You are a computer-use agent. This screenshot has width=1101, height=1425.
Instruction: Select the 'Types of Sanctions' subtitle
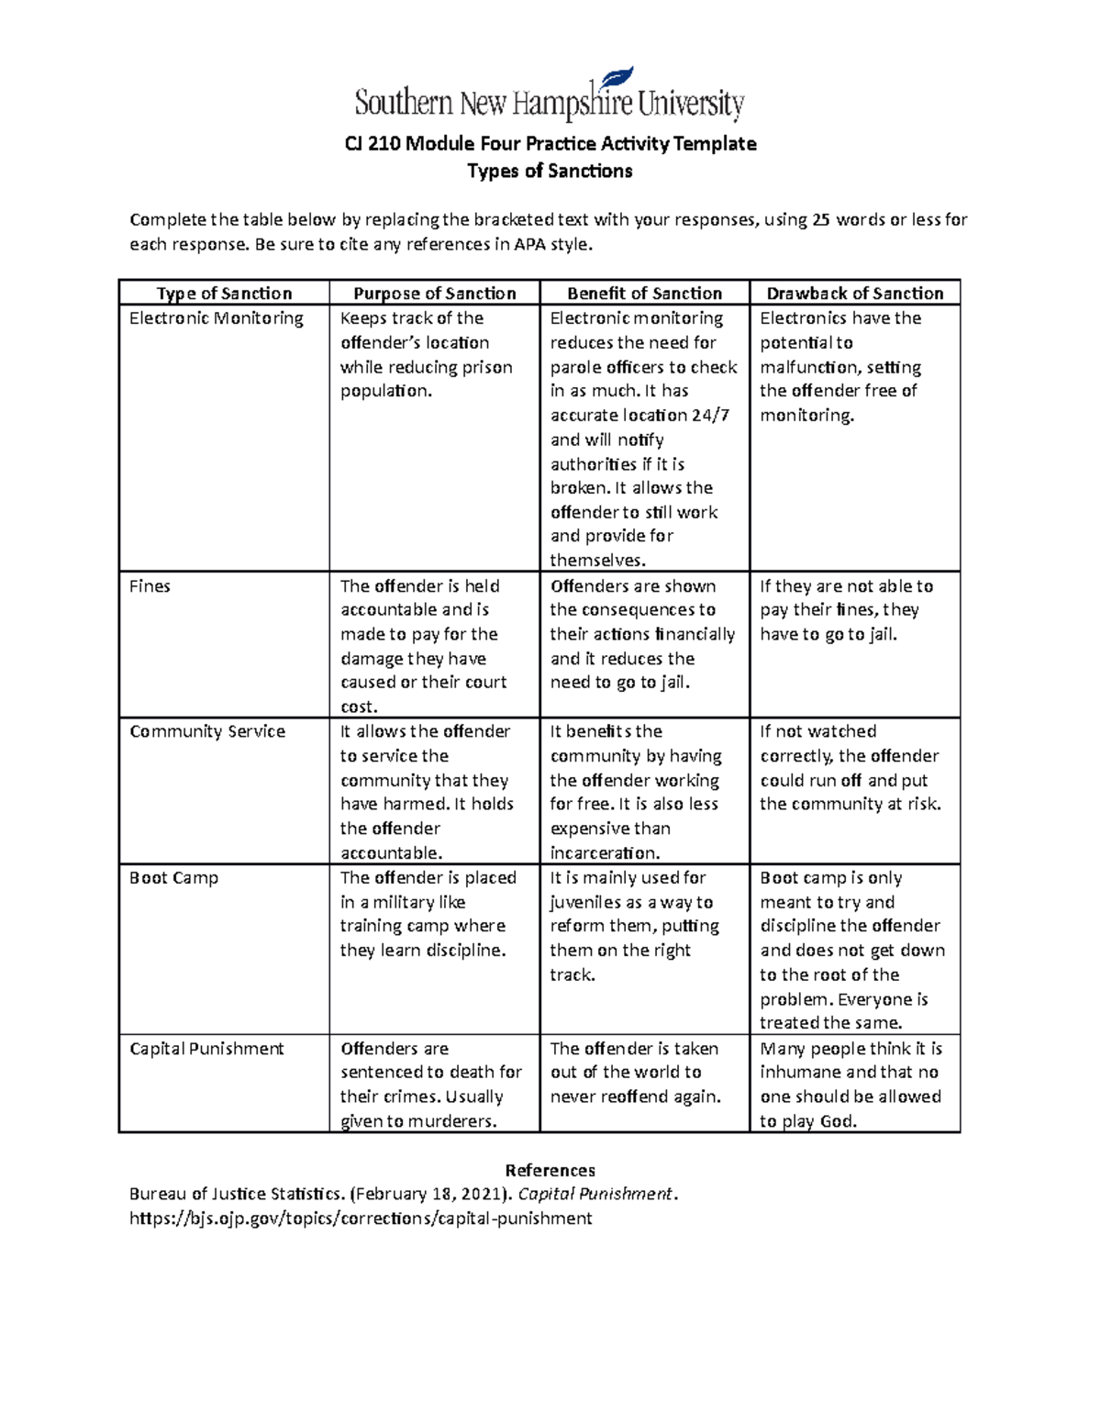pyautogui.click(x=550, y=172)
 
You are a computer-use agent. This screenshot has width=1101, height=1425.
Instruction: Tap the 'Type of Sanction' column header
pyautogui.click(x=224, y=294)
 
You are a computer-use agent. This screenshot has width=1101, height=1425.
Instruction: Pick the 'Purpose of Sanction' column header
pyautogui.click(x=435, y=294)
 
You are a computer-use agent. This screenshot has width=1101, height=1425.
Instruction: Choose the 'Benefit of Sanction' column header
pyautogui.click(x=644, y=294)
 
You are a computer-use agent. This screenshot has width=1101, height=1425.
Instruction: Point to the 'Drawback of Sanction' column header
pyautogui.click(x=854, y=294)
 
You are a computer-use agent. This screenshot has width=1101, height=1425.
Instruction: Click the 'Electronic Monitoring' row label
pyautogui.click(x=217, y=318)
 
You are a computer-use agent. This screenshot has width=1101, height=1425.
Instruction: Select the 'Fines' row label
pyautogui.click(x=150, y=586)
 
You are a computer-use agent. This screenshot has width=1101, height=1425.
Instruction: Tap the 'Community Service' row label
pyautogui.click(x=207, y=731)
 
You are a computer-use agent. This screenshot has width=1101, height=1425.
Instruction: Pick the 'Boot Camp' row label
pyautogui.click(x=174, y=878)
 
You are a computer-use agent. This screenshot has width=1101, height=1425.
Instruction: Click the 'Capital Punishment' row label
pyautogui.click(x=206, y=1049)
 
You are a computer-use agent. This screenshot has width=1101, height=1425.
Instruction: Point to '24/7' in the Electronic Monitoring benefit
pyautogui.click(x=711, y=416)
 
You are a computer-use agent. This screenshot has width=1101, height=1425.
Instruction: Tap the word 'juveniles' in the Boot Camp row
pyautogui.click(x=586, y=903)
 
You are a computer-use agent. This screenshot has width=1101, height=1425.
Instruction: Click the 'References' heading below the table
pyautogui.click(x=550, y=1171)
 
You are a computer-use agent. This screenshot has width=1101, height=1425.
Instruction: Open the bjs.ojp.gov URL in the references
pyautogui.click(x=361, y=1219)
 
